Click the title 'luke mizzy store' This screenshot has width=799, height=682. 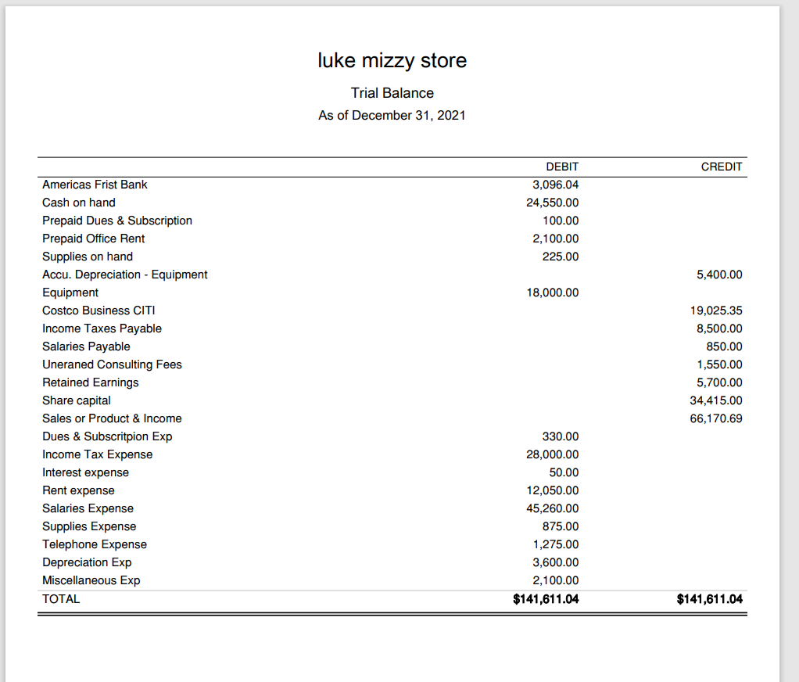point(392,60)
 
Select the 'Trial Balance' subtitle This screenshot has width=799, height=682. point(392,93)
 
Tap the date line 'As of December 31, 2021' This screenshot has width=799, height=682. point(392,116)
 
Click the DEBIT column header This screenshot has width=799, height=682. point(562,167)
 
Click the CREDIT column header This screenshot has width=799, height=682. point(722,167)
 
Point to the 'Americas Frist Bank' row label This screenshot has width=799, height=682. point(95,185)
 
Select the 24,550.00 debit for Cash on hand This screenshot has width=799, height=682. point(553,203)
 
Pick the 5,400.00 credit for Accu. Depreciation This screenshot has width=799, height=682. point(719,275)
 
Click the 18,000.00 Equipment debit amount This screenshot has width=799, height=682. point(553,293)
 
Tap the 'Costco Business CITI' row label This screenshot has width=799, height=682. point(99,310)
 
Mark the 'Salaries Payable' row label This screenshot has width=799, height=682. point(86,346)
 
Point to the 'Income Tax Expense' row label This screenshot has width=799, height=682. point(97,454)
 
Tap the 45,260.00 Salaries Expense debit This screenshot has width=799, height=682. point(553,508)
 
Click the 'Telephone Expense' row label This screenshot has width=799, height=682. point(95,544)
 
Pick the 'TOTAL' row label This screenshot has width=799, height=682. point(61,599)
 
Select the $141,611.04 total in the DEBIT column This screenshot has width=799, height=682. point(546,599)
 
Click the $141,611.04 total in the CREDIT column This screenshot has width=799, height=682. point(709,599)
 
